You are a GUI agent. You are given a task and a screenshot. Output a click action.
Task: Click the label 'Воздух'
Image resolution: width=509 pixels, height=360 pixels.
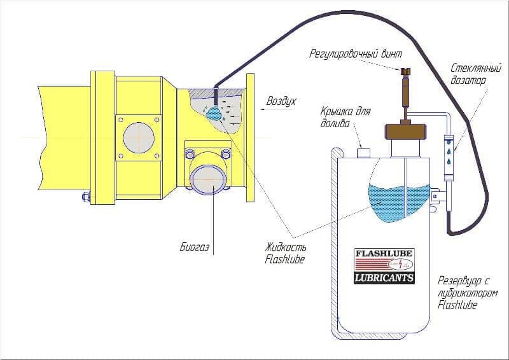281,101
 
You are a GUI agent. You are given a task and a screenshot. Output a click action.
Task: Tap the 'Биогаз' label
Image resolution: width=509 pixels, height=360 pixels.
195,247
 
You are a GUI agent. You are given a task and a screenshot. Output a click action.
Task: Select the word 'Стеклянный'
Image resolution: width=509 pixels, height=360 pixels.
476,69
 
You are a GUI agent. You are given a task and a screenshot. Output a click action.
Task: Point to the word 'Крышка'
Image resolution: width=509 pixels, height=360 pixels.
337,112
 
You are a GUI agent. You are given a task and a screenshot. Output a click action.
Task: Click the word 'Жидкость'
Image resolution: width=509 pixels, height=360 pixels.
285,247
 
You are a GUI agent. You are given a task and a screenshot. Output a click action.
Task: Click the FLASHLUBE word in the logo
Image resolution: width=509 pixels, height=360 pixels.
384,253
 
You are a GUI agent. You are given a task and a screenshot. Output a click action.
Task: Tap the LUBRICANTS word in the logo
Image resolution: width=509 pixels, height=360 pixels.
384,278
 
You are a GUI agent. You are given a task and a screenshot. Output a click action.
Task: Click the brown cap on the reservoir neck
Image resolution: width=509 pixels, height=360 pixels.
405,131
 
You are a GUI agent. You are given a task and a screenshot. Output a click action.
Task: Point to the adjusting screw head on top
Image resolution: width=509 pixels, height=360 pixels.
405,71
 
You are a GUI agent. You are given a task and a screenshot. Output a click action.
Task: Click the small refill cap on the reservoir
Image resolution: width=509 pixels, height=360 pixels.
363,153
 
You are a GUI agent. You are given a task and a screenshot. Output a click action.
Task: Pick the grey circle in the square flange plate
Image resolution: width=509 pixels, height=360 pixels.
139,137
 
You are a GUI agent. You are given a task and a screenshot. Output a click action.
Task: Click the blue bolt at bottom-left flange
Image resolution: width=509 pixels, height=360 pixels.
86,197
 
